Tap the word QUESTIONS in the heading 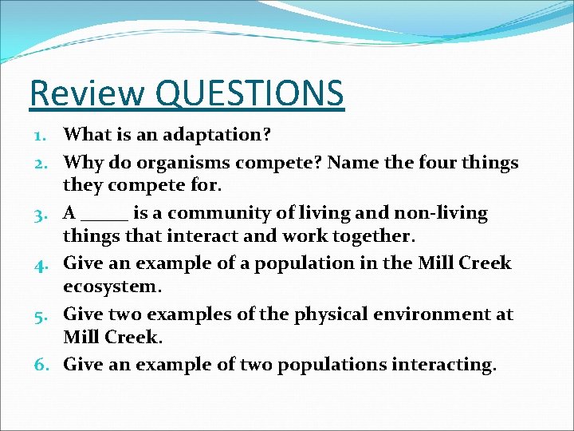pos(250,93)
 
